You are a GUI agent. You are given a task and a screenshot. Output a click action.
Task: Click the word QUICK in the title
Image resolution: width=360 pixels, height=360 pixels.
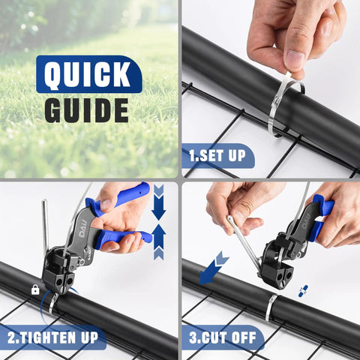pos(88,75)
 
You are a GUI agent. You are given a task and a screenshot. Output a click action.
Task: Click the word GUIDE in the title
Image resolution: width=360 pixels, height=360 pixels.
pos(86,109)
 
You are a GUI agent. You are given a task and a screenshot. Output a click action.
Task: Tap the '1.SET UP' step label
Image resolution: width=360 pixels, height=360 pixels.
pos(217,157)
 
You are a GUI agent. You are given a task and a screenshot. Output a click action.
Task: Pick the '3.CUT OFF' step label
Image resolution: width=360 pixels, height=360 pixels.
pos(223,337)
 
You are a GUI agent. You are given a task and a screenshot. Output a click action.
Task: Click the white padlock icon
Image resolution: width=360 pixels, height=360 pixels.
pos(35,289)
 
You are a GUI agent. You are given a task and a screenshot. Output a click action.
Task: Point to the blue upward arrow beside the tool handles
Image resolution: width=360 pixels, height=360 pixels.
pos(158,245)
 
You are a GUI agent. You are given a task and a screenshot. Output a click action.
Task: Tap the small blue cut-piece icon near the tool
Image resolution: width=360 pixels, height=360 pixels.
pos(302,290)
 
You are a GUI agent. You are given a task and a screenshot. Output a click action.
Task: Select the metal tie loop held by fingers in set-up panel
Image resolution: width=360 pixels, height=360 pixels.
pos(281,105)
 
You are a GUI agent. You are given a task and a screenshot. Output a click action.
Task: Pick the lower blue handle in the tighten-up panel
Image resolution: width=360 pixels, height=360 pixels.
pos(124,239)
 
